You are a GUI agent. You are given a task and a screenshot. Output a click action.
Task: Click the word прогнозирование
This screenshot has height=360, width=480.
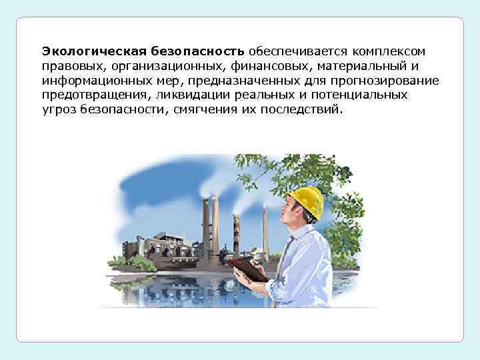pos(386,81)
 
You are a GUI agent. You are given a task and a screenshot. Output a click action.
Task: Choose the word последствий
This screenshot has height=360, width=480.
pos(303,109)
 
